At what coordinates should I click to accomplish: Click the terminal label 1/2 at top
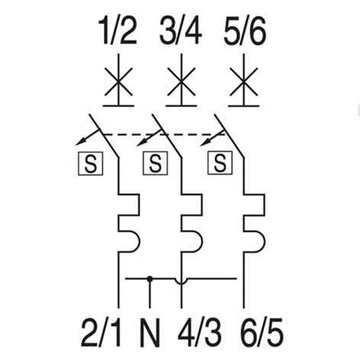[118, 31]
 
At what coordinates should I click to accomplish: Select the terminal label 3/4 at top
[180, 31]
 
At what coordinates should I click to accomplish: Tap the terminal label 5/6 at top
[245, 31]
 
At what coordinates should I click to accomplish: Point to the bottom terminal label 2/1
[101, 332]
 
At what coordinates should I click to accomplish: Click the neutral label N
[150, 332]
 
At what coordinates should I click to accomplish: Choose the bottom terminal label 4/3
[199, 332]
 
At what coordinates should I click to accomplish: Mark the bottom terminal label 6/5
[261, 332]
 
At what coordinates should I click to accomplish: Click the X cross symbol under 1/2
[118, 82]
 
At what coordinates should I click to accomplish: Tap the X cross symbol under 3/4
[181, 82]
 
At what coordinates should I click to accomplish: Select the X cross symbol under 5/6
[244, 82]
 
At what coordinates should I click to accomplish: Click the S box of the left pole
[90, 164]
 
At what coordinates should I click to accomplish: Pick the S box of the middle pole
[155, 163]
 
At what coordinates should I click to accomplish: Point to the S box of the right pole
[220, 163]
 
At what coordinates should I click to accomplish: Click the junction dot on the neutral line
[150, 279]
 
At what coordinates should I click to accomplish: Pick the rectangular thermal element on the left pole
[139, 205]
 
